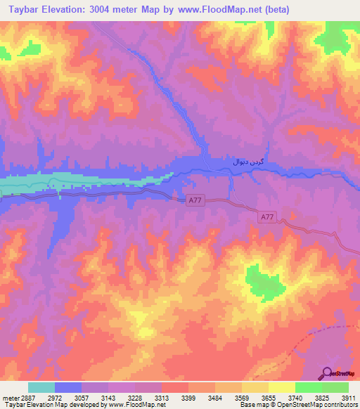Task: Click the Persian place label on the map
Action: [248, 162]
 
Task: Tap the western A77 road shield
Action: [197, 201]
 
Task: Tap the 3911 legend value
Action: [349, 397]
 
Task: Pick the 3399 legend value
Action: [188, 397]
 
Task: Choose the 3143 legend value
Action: [108, 397]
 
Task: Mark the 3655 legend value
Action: [269, 397]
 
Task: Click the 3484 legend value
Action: [215, 397]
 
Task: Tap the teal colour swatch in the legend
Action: [41, 387]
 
